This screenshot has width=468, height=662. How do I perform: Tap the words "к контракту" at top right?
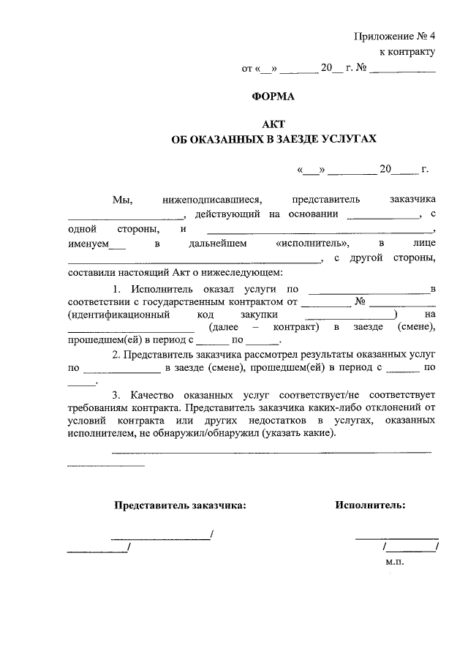point(407,52)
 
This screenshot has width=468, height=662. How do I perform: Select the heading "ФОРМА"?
point(272,96)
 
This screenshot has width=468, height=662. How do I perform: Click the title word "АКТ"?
point(272,124)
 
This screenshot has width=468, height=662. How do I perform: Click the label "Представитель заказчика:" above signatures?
point(180,505)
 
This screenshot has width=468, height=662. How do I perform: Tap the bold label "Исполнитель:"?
point(370,505)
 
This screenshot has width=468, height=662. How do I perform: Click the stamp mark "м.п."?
point(394,562)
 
